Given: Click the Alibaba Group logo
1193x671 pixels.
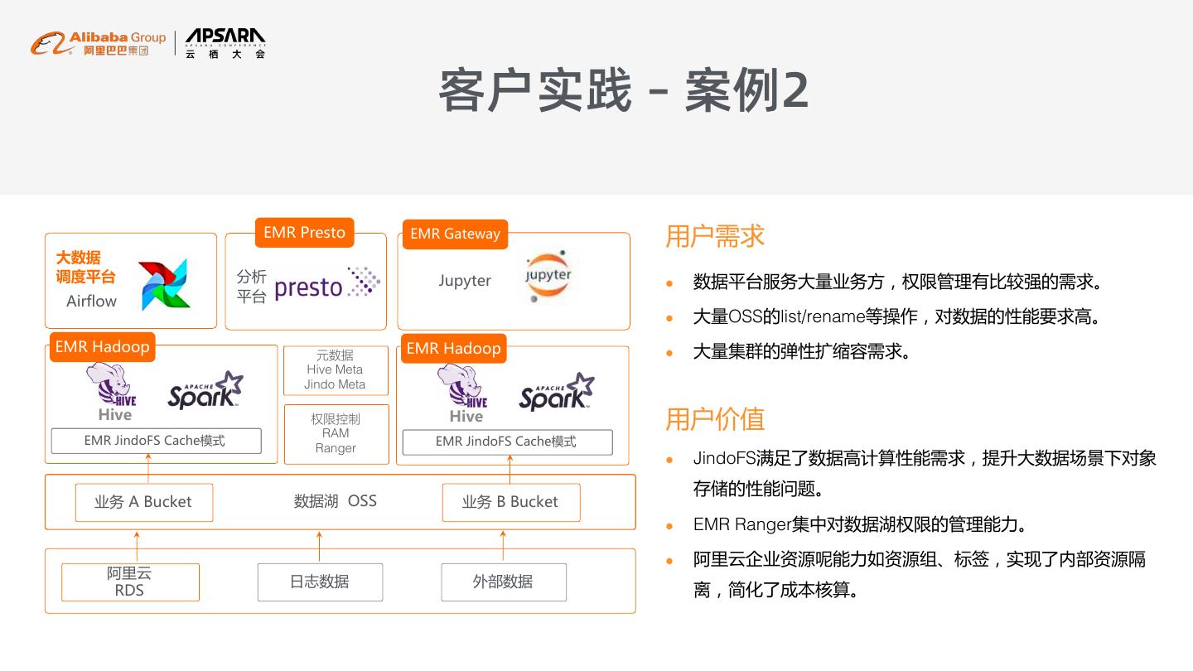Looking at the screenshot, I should click(x=98, y=42).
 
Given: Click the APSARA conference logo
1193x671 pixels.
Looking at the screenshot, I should click(x=225, y=42).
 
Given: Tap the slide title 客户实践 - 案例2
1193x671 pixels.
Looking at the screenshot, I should click(x=623, y=90).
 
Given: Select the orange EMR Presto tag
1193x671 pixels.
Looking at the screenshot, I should click(x=304, y=233).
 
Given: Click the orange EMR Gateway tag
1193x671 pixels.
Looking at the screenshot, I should click(x=455, y=234).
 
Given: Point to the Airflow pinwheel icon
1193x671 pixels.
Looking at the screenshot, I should click(x=163, y=285).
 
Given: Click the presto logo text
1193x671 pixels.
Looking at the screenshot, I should click(x=308, y=287).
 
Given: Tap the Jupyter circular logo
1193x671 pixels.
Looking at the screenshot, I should click(x=548, y=276).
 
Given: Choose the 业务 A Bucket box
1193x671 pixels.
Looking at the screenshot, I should click(x=143, y=502).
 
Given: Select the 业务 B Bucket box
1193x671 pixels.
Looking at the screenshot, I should click(x=510, y=502).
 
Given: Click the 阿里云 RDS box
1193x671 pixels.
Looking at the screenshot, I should click(x=130, y=582).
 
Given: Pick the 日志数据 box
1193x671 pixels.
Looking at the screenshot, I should click(x=320, y=582).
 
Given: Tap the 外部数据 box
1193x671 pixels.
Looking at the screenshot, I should click(x=503, y=582).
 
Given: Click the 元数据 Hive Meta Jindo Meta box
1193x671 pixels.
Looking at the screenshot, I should click(x=335, y=370).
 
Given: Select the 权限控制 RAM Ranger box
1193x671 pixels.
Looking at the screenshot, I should click(x=336, y=433).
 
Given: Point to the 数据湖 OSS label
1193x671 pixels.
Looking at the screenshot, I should click(x=335, y=501).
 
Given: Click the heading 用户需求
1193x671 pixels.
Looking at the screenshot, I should click(x=714, y=236).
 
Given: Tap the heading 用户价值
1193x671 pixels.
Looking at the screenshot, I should click(x=714, y=419).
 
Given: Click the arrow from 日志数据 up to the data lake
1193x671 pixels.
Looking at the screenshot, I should click(x=320, y=546).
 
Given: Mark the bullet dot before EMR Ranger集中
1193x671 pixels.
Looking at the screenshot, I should click(x=669, y=526).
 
